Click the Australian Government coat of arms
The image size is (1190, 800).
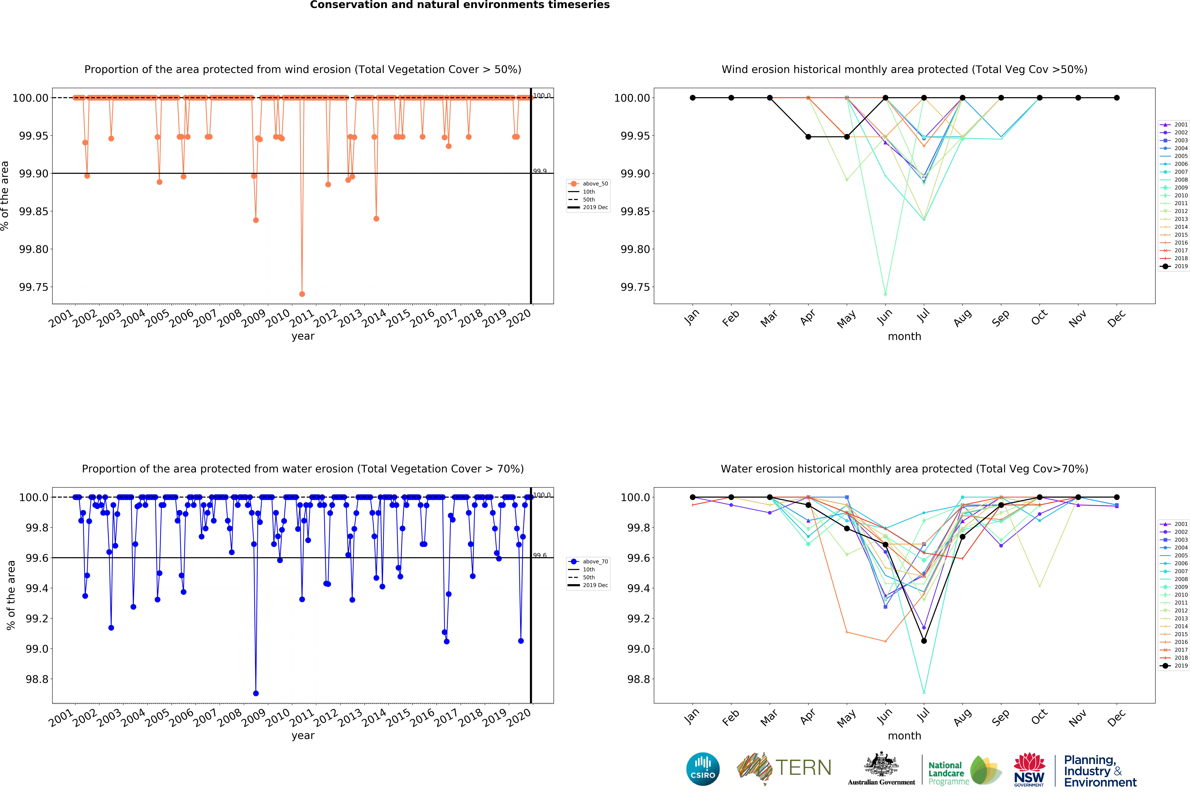pyautogui.click(x=881, y=765)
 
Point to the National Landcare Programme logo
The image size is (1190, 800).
pyautogui.click(x=964, y=769)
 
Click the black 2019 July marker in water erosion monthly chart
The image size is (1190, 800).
pyautogui.click(x=924, y=641)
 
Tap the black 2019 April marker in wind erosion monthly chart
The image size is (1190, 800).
pyautogui.click(x=808, y=137)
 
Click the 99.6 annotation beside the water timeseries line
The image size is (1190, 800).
pyautogui.click(x=540, y=556)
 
